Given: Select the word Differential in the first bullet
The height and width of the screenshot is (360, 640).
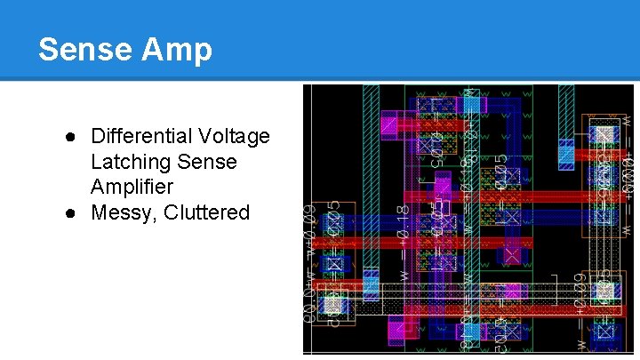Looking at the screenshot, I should tap(138, 137).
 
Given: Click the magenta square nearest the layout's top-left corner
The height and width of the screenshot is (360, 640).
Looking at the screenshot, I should tap(388, 125).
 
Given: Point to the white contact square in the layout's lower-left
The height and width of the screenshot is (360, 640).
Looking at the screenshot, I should tap(333, 305).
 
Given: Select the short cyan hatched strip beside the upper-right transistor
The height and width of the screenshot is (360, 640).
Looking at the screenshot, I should tap(566, 153).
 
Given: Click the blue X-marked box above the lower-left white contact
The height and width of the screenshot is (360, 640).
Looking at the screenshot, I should tap(333, 265).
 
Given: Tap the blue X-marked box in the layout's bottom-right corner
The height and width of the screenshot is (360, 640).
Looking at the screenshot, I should tap(605, 333).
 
